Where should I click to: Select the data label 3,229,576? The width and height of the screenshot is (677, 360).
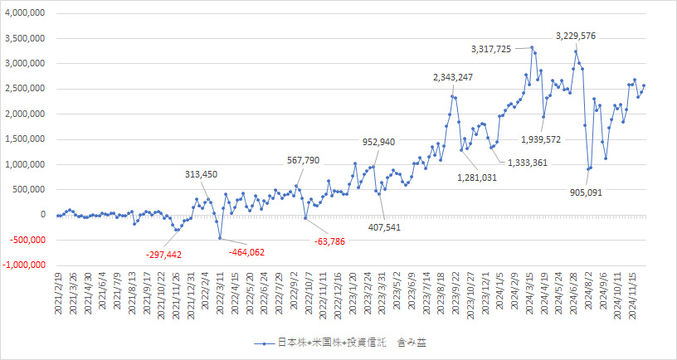[576, 36]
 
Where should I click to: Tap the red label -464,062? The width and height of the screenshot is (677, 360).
[246, 251]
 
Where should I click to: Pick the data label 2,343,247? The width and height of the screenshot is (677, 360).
[453, 78]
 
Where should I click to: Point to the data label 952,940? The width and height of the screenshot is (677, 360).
[384, 142]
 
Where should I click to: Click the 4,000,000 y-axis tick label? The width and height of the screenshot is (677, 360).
[25, 13]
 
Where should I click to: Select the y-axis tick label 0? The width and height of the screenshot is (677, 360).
[41, 215]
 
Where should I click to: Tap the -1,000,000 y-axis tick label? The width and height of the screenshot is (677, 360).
[23, 265]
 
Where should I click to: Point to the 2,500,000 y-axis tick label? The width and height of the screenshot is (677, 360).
[25, 89]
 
